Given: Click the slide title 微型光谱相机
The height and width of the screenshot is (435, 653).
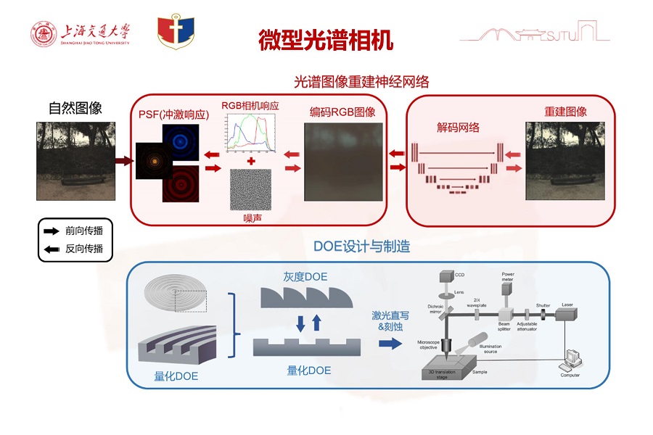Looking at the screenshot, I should coord(326,40).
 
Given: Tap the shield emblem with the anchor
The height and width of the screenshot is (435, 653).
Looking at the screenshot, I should coord(175,33).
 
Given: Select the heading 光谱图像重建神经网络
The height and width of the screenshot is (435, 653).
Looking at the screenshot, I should coord(361,82).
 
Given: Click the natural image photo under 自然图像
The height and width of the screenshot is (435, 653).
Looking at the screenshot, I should coord(75,161).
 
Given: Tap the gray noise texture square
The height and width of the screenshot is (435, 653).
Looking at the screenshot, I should coord(250,190).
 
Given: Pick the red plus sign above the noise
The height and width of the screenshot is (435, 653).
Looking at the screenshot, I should coord(250,160).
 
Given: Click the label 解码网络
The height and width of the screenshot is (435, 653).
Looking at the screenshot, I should coord(458,128).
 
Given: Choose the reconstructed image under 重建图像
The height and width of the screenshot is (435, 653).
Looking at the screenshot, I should coord(565,161).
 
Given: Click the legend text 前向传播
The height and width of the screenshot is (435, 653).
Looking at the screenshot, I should coord(84,232).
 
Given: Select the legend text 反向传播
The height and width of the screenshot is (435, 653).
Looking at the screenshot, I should coord(84,249).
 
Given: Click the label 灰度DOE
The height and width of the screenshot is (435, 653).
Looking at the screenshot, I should coord(305,278).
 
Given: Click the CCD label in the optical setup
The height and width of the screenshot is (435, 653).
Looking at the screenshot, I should coord(459,275).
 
